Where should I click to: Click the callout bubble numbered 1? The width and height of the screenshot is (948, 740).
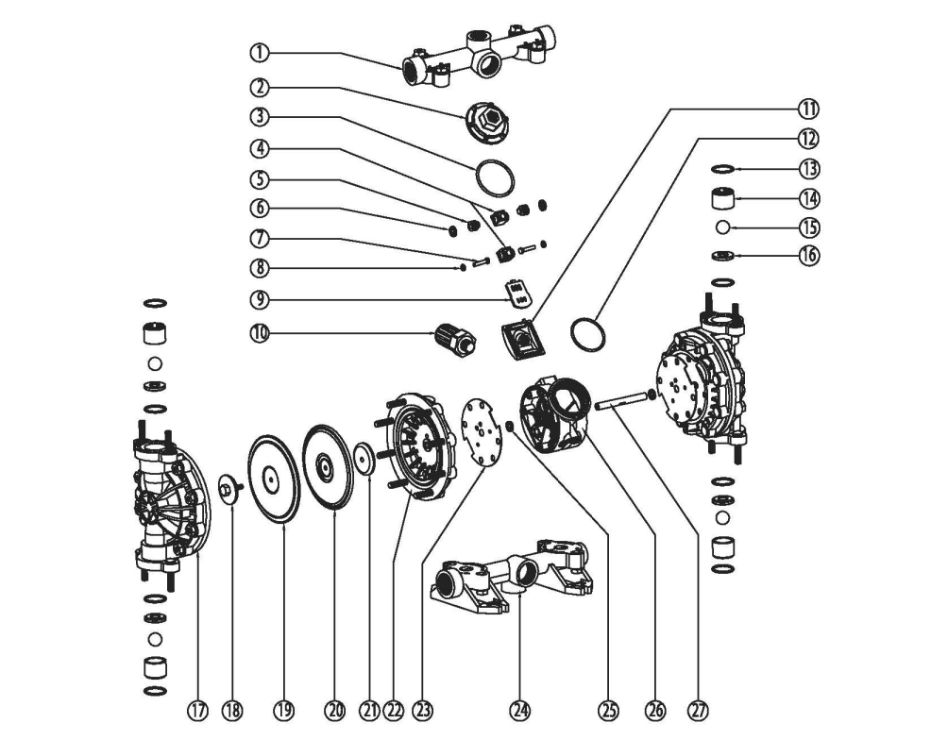click(x=260, y=53)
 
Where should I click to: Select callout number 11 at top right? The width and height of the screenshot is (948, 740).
click(x=808, y=109)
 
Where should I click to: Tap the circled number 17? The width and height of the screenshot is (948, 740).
click(x=197, y=711)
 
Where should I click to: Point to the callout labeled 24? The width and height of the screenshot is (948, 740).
click(x=520, y=711)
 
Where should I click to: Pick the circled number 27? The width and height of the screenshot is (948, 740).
click(x=699, y=711)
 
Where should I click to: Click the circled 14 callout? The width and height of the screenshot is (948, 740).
click(x=809, y=198)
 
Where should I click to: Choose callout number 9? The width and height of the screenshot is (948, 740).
click(x=260, y=299)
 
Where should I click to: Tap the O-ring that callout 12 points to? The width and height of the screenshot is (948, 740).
click(x=587, y=334)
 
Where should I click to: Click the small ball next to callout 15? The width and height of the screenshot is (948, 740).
click(x=722, y=227)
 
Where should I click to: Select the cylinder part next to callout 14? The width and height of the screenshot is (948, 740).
click(x=722, y=199)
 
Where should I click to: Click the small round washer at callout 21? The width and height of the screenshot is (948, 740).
click(x=365, y=460)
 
